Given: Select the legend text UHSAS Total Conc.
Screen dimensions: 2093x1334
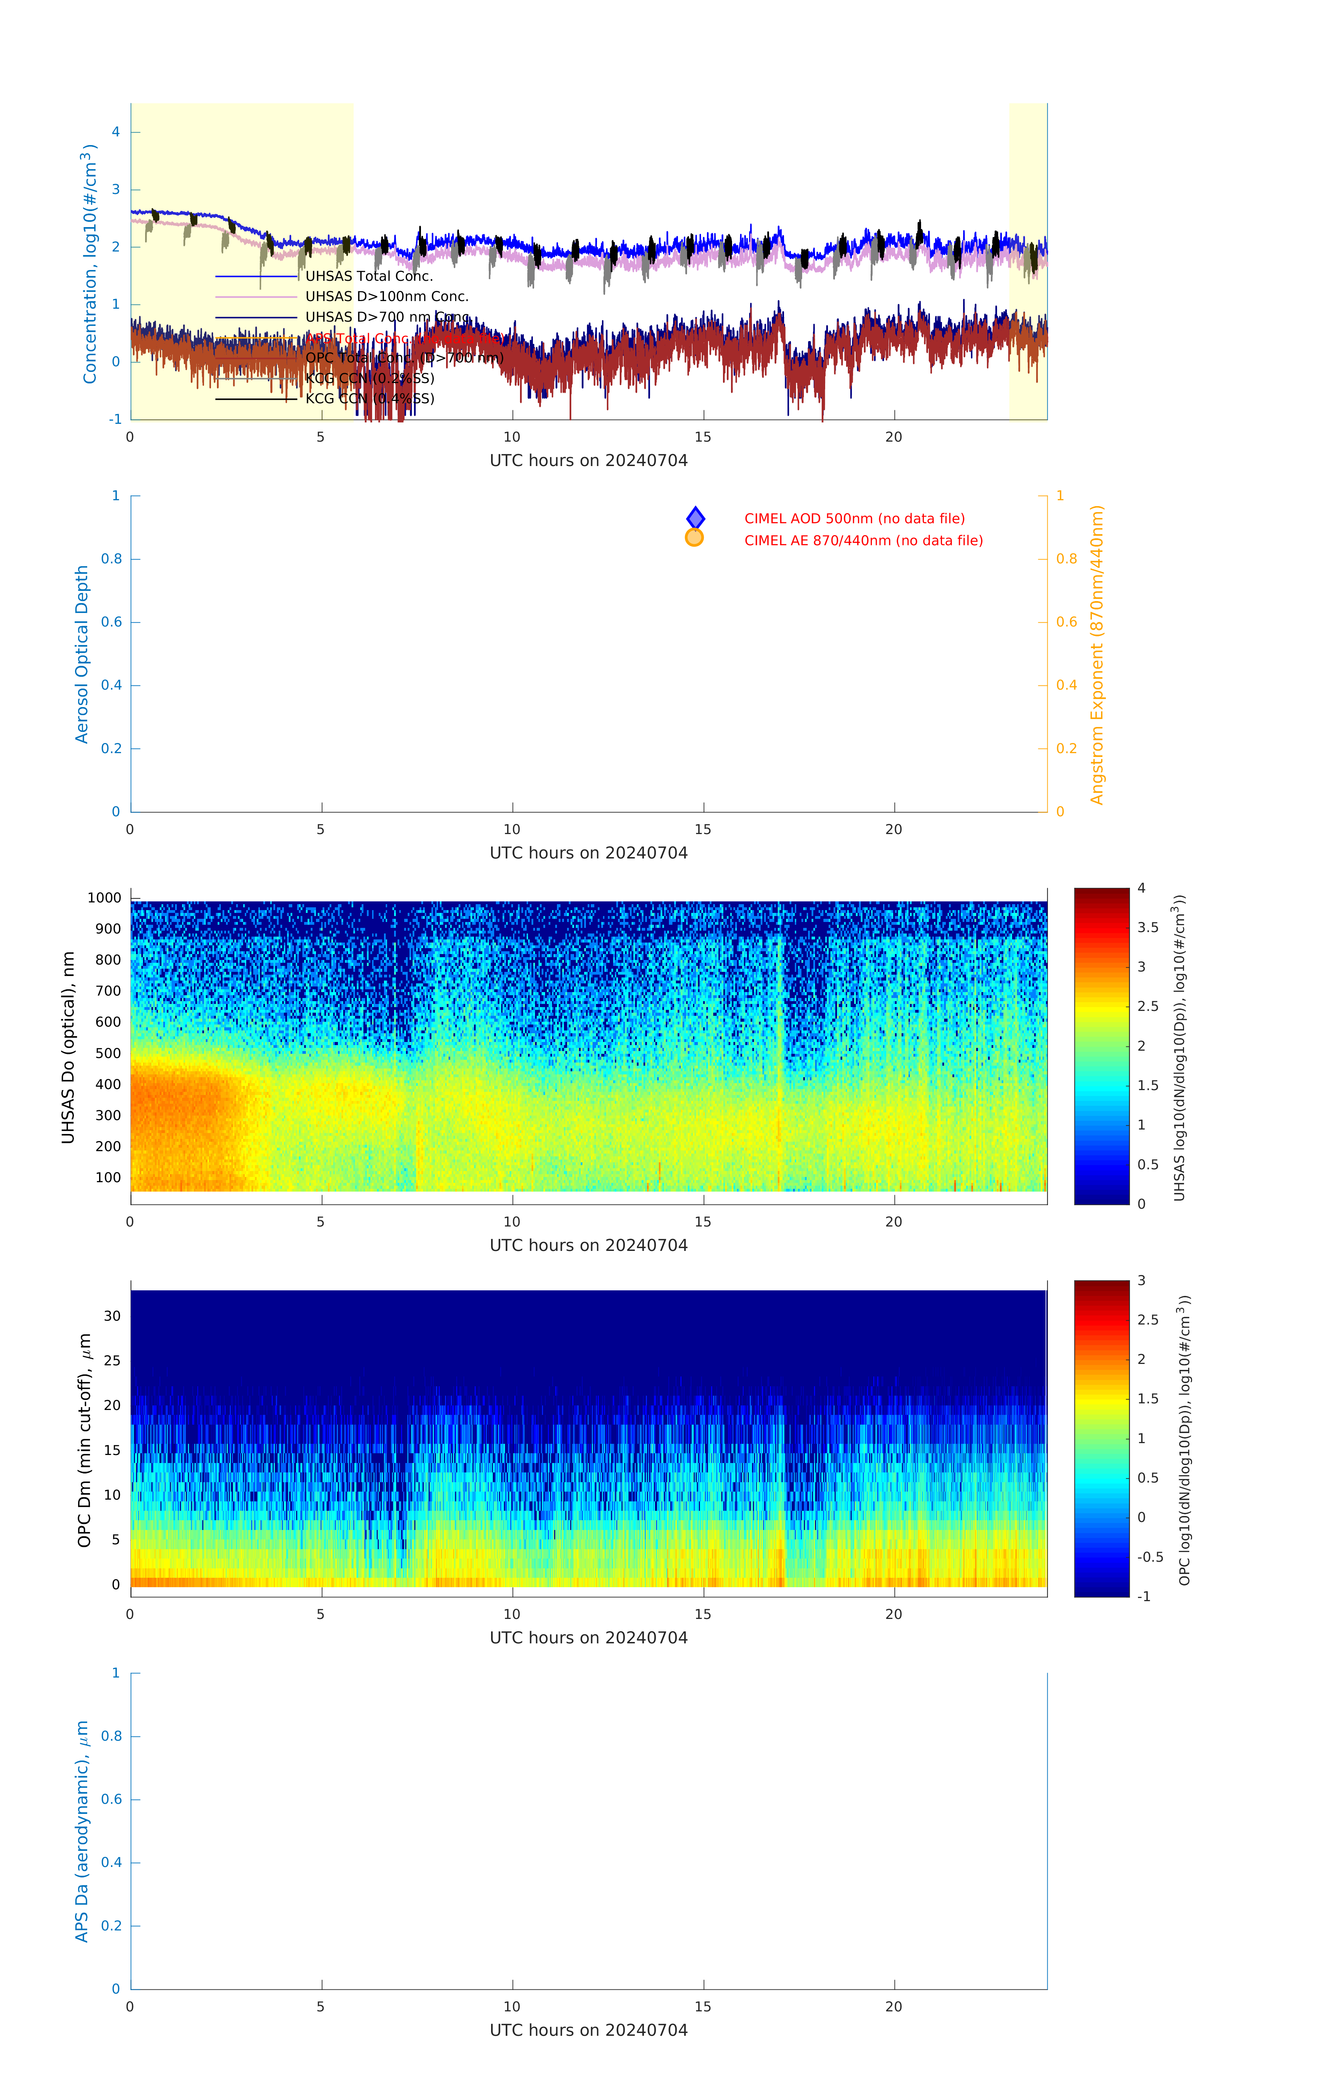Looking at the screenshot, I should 369,276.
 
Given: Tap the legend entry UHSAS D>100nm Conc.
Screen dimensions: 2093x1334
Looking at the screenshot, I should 387,297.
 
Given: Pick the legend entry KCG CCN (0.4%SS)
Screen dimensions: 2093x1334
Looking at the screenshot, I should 369,399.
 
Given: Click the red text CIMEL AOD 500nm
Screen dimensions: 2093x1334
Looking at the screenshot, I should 853,519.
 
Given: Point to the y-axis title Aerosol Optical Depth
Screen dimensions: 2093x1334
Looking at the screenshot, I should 82,654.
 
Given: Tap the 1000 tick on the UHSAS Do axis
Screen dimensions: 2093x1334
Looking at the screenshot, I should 104,898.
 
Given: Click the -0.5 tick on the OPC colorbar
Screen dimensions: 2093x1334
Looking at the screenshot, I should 1150,1557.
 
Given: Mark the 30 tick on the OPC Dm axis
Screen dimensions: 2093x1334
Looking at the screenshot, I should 112,1316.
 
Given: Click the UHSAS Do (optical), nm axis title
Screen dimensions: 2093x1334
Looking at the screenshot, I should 68,1047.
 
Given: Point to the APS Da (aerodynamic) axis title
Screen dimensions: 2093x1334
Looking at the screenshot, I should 82,1831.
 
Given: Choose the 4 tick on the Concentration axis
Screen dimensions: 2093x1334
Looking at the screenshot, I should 115,132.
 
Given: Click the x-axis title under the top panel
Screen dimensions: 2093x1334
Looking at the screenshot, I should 588,461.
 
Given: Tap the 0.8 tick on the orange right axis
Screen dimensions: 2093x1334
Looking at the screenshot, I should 1067,559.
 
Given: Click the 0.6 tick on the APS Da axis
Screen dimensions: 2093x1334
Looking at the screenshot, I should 111,1799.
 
